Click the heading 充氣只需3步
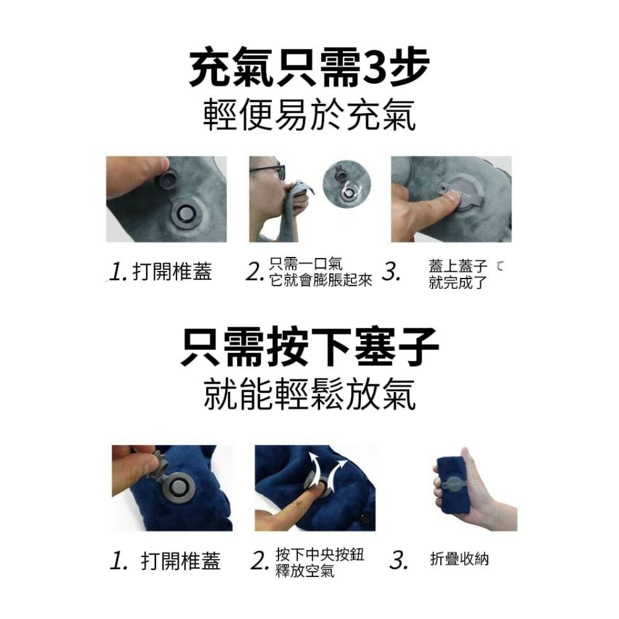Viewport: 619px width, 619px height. click(x=309, y=70)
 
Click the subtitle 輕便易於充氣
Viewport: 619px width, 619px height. click(x=309, y=115)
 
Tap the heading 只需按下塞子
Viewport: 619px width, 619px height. click(x=309, y=348)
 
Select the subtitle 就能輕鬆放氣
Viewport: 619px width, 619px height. click(x=309, y=394)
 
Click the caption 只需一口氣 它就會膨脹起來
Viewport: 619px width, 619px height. click(x=320, y=272)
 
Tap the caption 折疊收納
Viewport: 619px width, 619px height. click(x=459, y=560)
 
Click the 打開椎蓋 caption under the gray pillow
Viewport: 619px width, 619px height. click(x=172, y=271)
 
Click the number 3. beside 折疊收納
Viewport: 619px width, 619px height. click(x=399, y=561)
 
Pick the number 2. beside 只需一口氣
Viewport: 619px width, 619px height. click(x=254, y=272)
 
